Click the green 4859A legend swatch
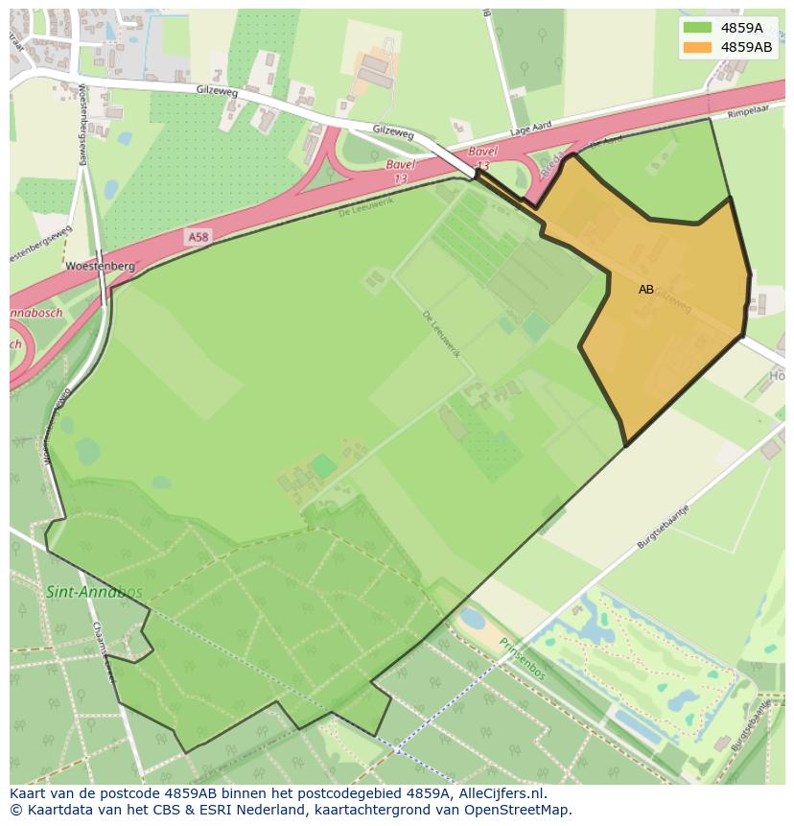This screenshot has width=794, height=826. click(697, 28)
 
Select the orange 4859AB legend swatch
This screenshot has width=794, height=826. click(697, 46)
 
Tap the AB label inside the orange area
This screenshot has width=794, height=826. click(646, 289)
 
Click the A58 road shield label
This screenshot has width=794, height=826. click(198, 236)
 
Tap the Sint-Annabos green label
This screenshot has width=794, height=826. click(93, 592)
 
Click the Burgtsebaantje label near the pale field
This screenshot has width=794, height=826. click(664, 527)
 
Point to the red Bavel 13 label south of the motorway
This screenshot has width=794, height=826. click(401, 171)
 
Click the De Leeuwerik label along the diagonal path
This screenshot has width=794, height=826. click(442, 334)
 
